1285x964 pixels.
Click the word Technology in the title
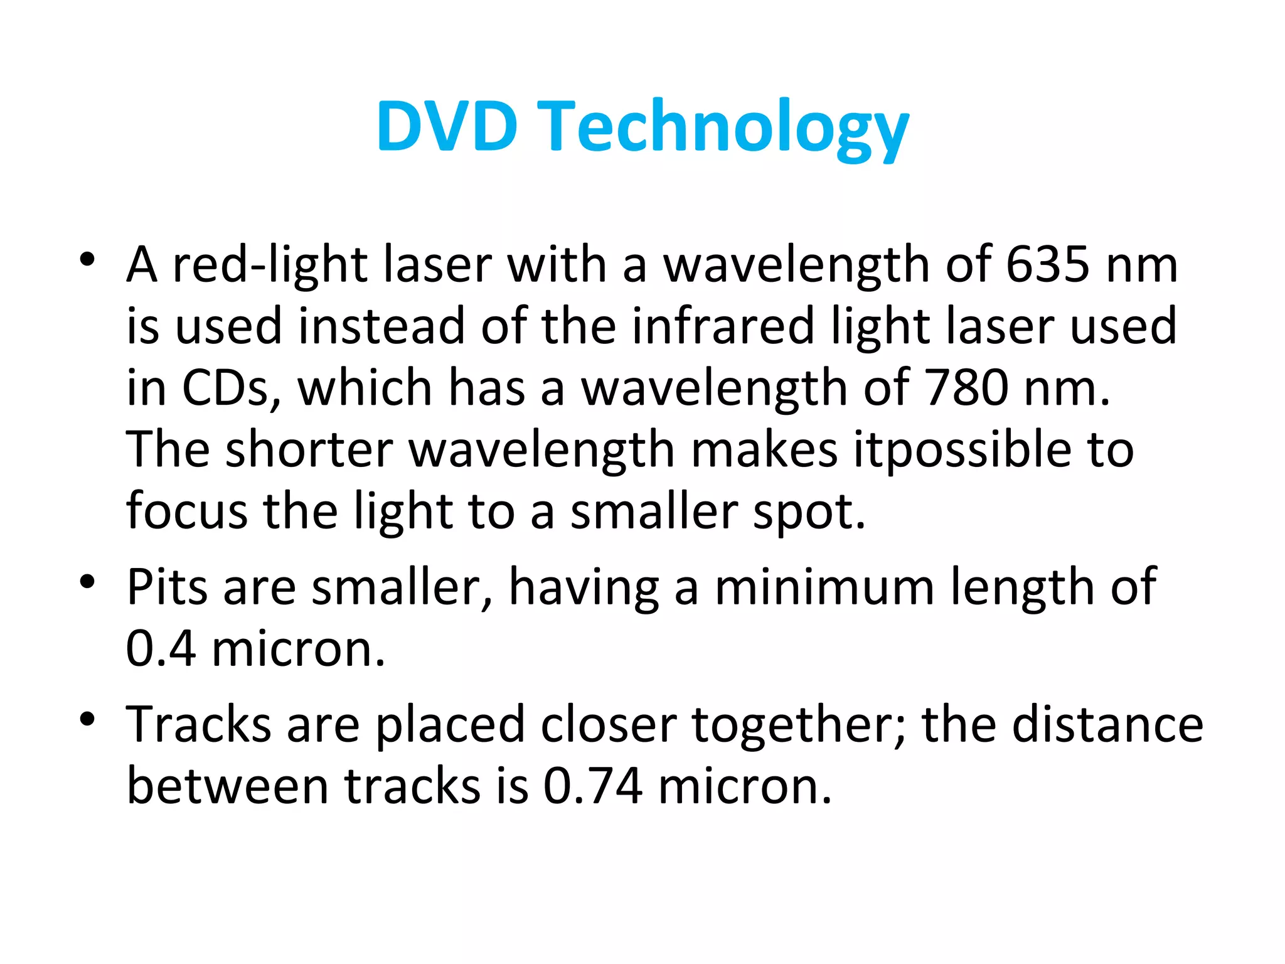724,129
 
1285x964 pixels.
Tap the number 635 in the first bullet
1048,265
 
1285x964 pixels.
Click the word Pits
167,587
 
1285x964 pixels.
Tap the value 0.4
161,649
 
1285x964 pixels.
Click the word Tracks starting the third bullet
198,724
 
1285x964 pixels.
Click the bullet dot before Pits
87,582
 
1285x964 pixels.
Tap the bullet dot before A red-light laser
87,259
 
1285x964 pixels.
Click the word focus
187,511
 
